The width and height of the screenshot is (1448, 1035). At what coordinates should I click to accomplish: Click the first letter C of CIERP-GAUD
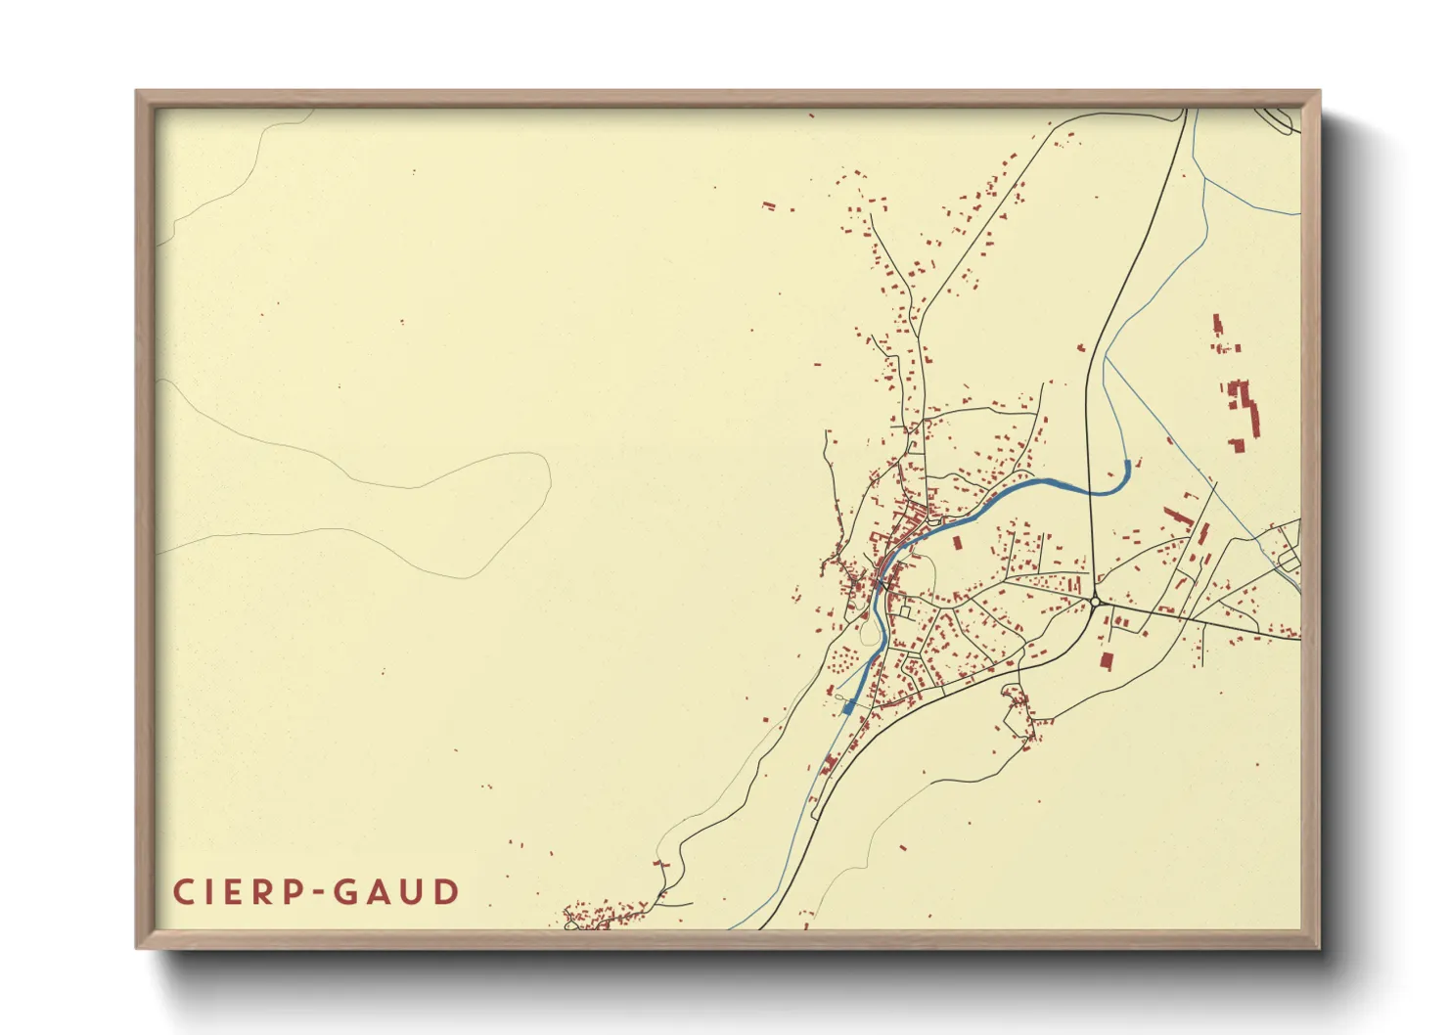click(183, 892)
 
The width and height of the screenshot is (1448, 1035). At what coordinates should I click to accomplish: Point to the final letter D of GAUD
click(447, 892)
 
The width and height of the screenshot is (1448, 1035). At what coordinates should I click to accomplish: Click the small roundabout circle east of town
click(1094, 601)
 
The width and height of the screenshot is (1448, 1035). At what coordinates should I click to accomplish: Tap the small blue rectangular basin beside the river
click(848, 706)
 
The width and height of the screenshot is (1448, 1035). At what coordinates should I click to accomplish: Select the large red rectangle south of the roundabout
click(1107, 660)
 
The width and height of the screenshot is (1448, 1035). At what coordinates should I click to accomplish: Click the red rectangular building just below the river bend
click(957, 542)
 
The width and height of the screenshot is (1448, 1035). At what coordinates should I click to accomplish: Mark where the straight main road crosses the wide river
click(1089, 489)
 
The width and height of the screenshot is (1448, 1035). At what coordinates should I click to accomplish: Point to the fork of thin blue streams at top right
click(1203, 182)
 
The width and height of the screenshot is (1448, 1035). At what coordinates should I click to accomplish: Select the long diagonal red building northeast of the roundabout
click(1202, 535)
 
